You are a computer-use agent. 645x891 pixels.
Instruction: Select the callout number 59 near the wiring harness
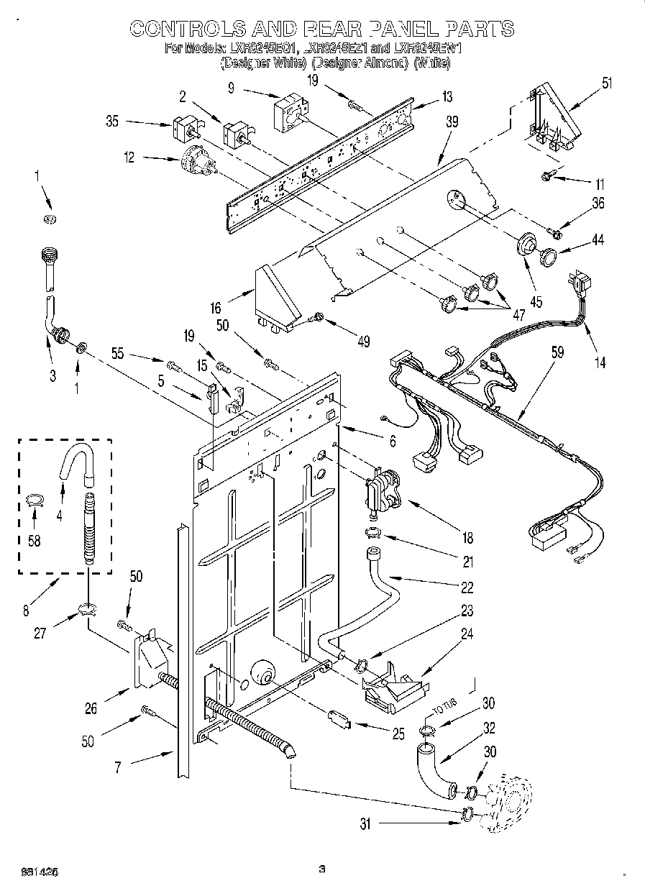coord(557,353)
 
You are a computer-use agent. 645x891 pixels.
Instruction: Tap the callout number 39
coord(451,123)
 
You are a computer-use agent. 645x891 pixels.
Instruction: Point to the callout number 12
coord(129,157)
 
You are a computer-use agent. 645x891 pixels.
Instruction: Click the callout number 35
coord(112,122)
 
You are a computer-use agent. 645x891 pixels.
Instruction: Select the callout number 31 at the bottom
coord(365,825)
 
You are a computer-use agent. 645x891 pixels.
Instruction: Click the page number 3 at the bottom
coord(322,869)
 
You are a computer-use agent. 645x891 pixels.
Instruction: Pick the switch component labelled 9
coord(290,111)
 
